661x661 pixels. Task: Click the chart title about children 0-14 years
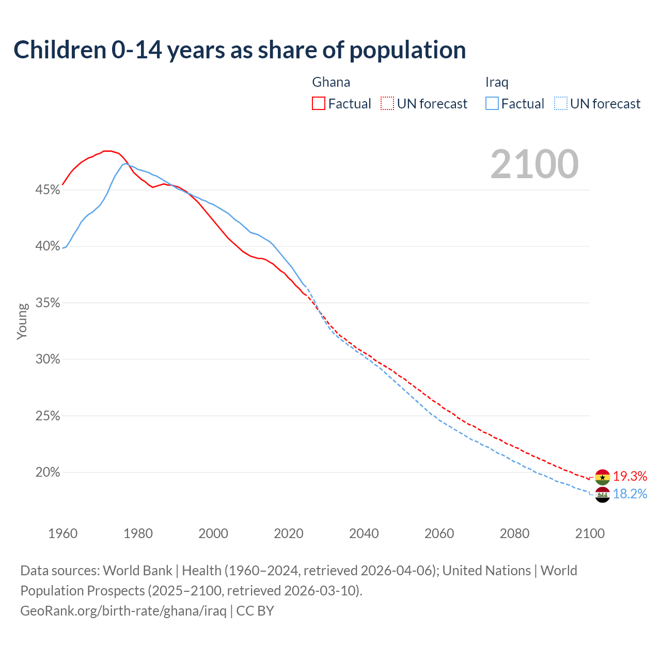click(x=240, y=50)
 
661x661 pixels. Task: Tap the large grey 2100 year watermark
click(x=534, y=164)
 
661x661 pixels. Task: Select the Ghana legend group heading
click(x=331, y=82)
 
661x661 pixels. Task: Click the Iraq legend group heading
click(x=497, y=82)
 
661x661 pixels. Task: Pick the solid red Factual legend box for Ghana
click(x=319, y=104)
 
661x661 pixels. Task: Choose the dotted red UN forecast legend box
click(x=387, y=104)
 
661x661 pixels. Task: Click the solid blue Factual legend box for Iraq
click(x=492, y=104)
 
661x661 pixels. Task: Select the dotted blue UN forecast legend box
click(x=560, y=104)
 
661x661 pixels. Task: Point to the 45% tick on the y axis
click(x=48, y=190)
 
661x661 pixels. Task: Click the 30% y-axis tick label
click(x=48, y=359)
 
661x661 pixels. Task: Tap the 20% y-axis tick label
click(x=48, y=473)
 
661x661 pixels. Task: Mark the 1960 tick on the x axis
click(x=62, y=533)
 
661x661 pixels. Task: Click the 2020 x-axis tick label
click(x=289, y=533)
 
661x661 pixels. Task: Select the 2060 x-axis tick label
click(x=439, y=533)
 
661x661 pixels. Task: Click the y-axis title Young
click(x=22, y=321)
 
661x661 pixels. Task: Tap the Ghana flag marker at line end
click(x=603, y=477)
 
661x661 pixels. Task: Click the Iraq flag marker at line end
click(x=603, y=495)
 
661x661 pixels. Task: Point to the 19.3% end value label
click(x=630, y=476)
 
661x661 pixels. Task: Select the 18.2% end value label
click(x=630, y=494)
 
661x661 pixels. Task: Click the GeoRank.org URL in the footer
click(x=123, y=611)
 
